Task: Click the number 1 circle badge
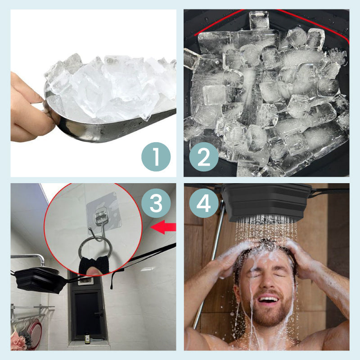(x=156, y=157)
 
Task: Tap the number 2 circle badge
(x=204, y=157)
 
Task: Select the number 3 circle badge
(x=156, y=203)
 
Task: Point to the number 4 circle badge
(x=204, y=203)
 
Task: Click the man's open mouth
(x=269, y=300)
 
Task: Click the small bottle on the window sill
(x=87, y=338)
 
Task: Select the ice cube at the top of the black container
(x=260, y=20)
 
